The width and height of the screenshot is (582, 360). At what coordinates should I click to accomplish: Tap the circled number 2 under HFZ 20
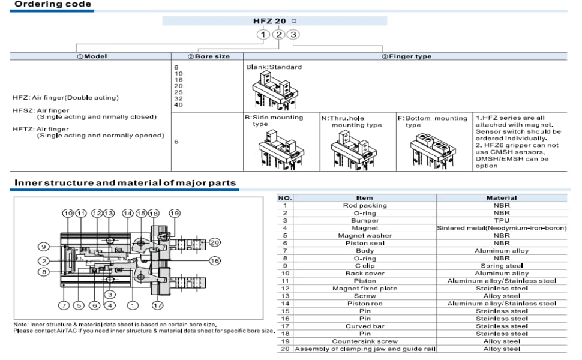(278, 34)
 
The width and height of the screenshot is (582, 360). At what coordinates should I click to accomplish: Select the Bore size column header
(208, 56)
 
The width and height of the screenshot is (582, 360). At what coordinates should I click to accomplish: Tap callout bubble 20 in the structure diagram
(215, 242)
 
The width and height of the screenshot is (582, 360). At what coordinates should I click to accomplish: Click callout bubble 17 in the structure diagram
(158, 305)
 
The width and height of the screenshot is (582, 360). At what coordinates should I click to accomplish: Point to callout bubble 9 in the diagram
(44, 247)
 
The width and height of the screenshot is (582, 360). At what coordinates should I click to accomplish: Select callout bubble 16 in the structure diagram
(214, 261)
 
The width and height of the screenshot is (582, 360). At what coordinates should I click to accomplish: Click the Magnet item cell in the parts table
(365, 228)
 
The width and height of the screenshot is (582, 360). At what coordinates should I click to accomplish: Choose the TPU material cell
(501, 220)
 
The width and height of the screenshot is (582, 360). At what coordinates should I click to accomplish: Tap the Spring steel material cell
(501, 266)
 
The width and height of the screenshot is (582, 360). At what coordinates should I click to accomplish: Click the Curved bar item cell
(365, 326)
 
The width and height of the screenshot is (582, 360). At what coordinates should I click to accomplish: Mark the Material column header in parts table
(501, 197)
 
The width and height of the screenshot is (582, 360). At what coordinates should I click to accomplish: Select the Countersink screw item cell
(365, 341)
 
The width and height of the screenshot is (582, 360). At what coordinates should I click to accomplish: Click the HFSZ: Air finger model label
(41, 110)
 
